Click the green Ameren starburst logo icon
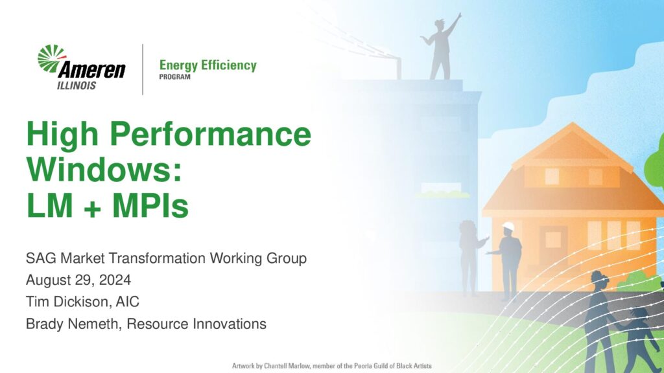point(51,58)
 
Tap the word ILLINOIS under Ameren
point(77,85)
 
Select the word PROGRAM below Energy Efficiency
point(174,77)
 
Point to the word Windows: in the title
point(104,169)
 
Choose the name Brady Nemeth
point(73,324)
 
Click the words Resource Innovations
point(196,324)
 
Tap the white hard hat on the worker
point(508,227)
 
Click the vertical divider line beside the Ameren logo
point(143,69)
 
